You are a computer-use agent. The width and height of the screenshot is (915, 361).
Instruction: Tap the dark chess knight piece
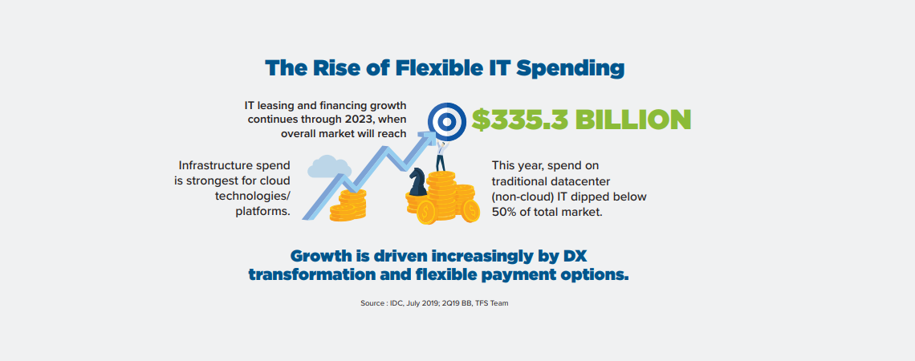pos(417,183)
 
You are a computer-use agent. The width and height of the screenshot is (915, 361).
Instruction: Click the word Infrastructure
pos(215,166)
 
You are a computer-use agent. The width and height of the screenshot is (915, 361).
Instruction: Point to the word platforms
pos(262,211)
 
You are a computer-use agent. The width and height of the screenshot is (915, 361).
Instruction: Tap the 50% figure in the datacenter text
pos(505,211)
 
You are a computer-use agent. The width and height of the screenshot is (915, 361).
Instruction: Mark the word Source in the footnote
pos(372,303)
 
